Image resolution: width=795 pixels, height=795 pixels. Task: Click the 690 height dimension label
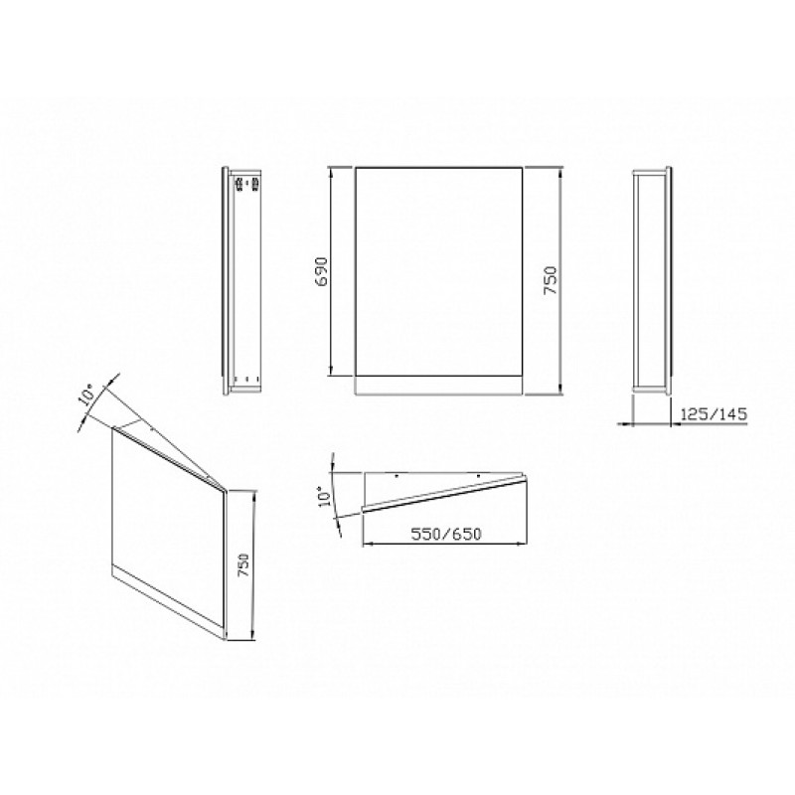(x=323, y=271)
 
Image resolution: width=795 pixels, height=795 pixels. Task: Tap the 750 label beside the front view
(x=551, y=280)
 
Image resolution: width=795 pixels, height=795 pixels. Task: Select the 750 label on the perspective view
(x=244, y=564)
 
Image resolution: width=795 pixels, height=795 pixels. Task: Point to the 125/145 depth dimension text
(x=714, y=414)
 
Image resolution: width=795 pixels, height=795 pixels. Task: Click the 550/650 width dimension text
(x=446, y=534)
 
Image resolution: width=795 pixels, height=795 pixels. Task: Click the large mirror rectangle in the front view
(x=438, y=271)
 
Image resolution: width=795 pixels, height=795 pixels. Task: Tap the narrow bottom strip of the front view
(x=438, y=386)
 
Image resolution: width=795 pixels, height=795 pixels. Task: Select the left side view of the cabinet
(x=241, y=280)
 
